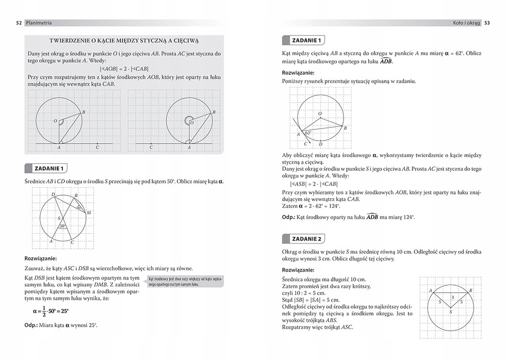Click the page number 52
point(19,22)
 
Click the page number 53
point(487,22)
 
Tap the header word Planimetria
point(39,22)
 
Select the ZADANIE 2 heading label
point(306,239)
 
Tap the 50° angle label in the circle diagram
point(62,226)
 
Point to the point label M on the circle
point(89,213)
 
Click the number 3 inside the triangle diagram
point(452,297)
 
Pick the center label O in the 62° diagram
point(320,114)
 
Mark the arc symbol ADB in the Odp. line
point(372,217)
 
